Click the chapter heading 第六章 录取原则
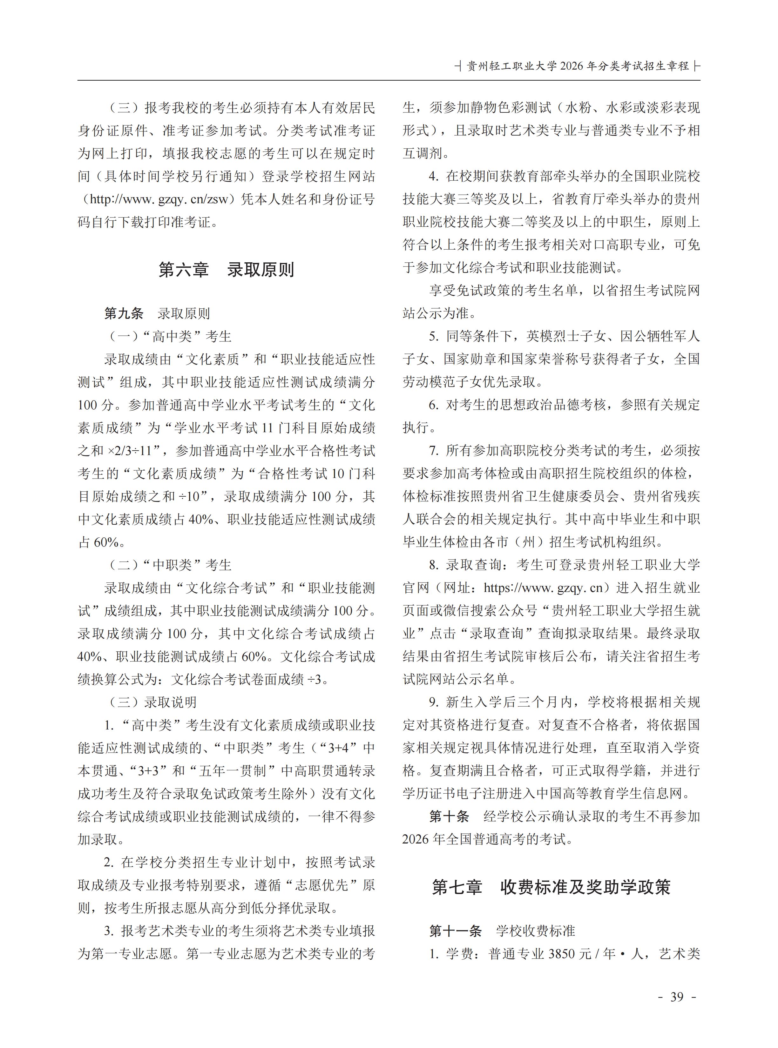pyautogui.click(x=226, y=270)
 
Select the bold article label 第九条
pyautogui.click(x=124, y=313)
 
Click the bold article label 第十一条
pyautogui.click(x=456, y=931)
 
